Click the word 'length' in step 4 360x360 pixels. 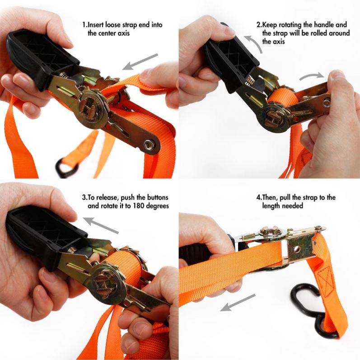click(272, 206)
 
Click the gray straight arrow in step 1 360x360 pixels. click(140, 61)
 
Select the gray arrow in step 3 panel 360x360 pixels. click(101, 225)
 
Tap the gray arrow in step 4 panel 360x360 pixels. click(238, 302)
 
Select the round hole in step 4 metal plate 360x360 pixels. click(297, 249)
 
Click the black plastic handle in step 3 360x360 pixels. click(45, 232)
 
